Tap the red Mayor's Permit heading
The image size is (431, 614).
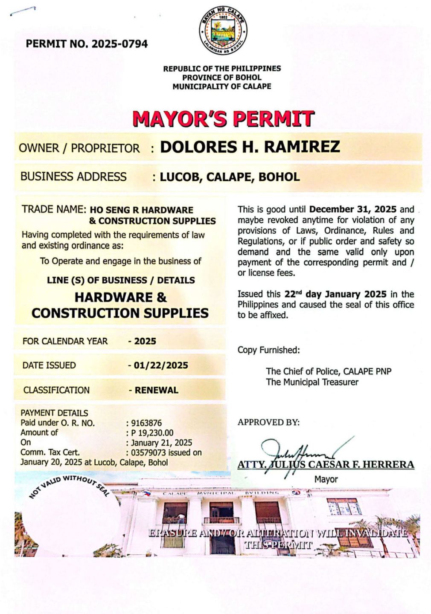tap(223, 119)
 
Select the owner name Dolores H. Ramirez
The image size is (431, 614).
tap(250, 147)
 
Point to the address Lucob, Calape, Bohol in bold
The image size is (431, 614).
tap(230, 177)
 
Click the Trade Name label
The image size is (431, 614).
tap(54, 209)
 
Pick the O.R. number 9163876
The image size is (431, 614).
tap(146, 423)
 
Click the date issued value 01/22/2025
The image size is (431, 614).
tap(161, 365)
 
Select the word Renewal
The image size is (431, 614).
tap(157, 390)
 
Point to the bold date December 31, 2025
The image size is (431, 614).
tap(353, 209)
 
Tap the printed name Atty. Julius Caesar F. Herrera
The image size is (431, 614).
tap(326, 465)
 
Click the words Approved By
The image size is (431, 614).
tap(268, 423)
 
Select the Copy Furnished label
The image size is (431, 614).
tap(268, 350)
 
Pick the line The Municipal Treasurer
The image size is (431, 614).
tap(312, 382)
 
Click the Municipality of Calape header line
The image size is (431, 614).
tap(221, 87)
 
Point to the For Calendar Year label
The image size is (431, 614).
tap(65, 341)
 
